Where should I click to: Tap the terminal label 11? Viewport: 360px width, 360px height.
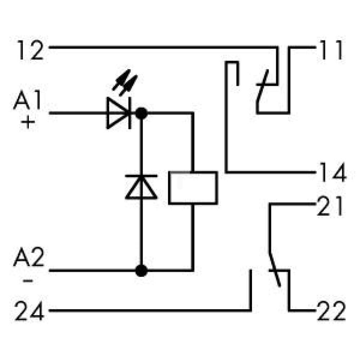coord(331,50)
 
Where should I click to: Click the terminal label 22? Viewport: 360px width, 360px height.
coord(331,311)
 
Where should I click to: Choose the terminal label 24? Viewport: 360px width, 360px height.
coord(29,311)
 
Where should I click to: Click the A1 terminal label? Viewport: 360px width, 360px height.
coord(27,100)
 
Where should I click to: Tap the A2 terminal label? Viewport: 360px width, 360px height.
coord(29,257)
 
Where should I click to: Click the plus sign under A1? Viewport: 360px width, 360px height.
coord(28,122)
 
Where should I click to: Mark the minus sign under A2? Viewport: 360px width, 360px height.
coord(28,280)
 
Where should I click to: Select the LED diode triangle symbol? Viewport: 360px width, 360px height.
coord(118,113)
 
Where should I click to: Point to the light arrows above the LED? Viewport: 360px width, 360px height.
coord(125,82)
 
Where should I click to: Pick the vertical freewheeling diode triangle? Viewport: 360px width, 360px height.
coord(141,187)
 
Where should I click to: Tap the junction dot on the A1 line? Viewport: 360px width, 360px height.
coord(141,113)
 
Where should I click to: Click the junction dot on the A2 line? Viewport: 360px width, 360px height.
coord(141,271)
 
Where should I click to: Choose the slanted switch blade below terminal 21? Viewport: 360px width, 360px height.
coord(275,270)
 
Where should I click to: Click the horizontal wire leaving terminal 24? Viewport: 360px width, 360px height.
coord(150,311)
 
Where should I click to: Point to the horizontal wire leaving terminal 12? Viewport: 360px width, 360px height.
coord(163,47)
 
